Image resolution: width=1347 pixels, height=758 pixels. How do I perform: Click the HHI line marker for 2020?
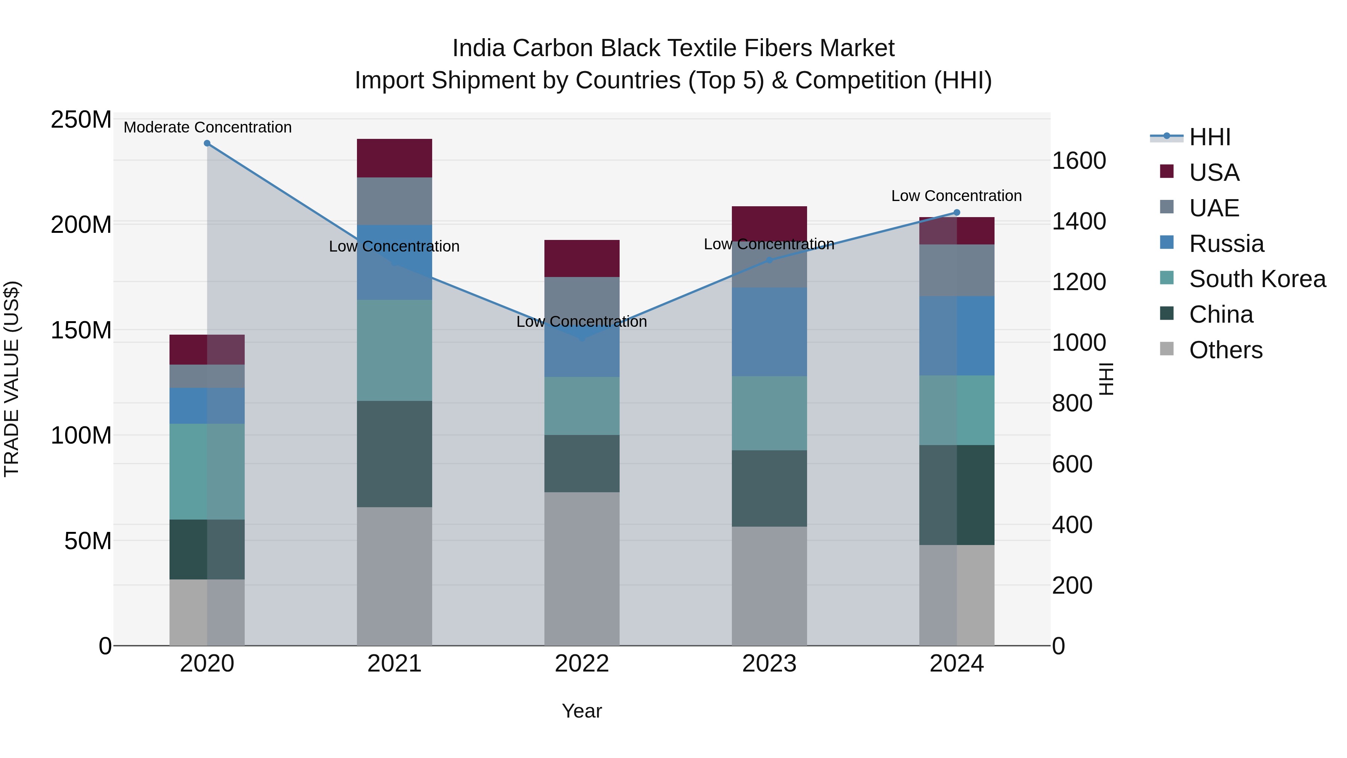click(207, 143)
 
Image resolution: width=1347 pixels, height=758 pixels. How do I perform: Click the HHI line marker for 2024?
click(956, 212)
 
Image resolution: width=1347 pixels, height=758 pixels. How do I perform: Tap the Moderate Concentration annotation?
click(208, 128)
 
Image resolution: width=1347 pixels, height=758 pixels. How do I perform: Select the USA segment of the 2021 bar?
click(394, 158)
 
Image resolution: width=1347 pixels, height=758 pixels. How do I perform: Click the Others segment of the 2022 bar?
click(581, 568)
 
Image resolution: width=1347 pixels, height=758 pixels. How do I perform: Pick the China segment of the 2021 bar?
click(394, 454)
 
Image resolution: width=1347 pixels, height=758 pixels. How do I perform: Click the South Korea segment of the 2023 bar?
click(769, 413)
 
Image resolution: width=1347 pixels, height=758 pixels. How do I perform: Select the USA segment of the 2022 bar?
click(581, 258)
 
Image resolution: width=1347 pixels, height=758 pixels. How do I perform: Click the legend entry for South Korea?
click(1257, 279)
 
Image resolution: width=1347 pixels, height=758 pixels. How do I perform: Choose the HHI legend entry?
click(1209, 138)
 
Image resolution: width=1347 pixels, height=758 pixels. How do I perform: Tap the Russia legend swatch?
click(1167, 243)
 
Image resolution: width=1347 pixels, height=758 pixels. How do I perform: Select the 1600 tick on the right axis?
click(1079, 161)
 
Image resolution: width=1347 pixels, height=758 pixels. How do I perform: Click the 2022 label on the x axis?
click(581, 664)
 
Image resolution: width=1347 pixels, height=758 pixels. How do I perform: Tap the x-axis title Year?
click(581, 712)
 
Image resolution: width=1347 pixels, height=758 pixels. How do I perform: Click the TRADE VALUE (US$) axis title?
click(12, 379)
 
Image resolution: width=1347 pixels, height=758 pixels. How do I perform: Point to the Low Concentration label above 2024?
click(956, 196)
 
